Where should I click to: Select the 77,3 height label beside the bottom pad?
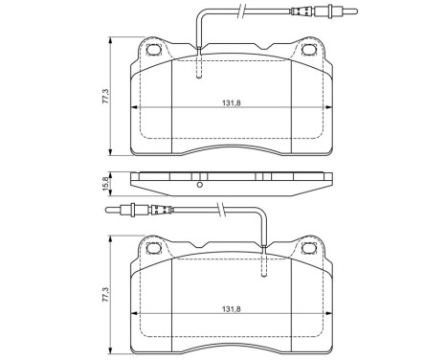tap(112, 300)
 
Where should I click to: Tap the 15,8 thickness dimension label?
tap(112, 179)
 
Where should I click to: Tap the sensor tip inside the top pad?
tap(198, 69)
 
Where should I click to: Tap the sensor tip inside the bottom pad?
tap(260, 272)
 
